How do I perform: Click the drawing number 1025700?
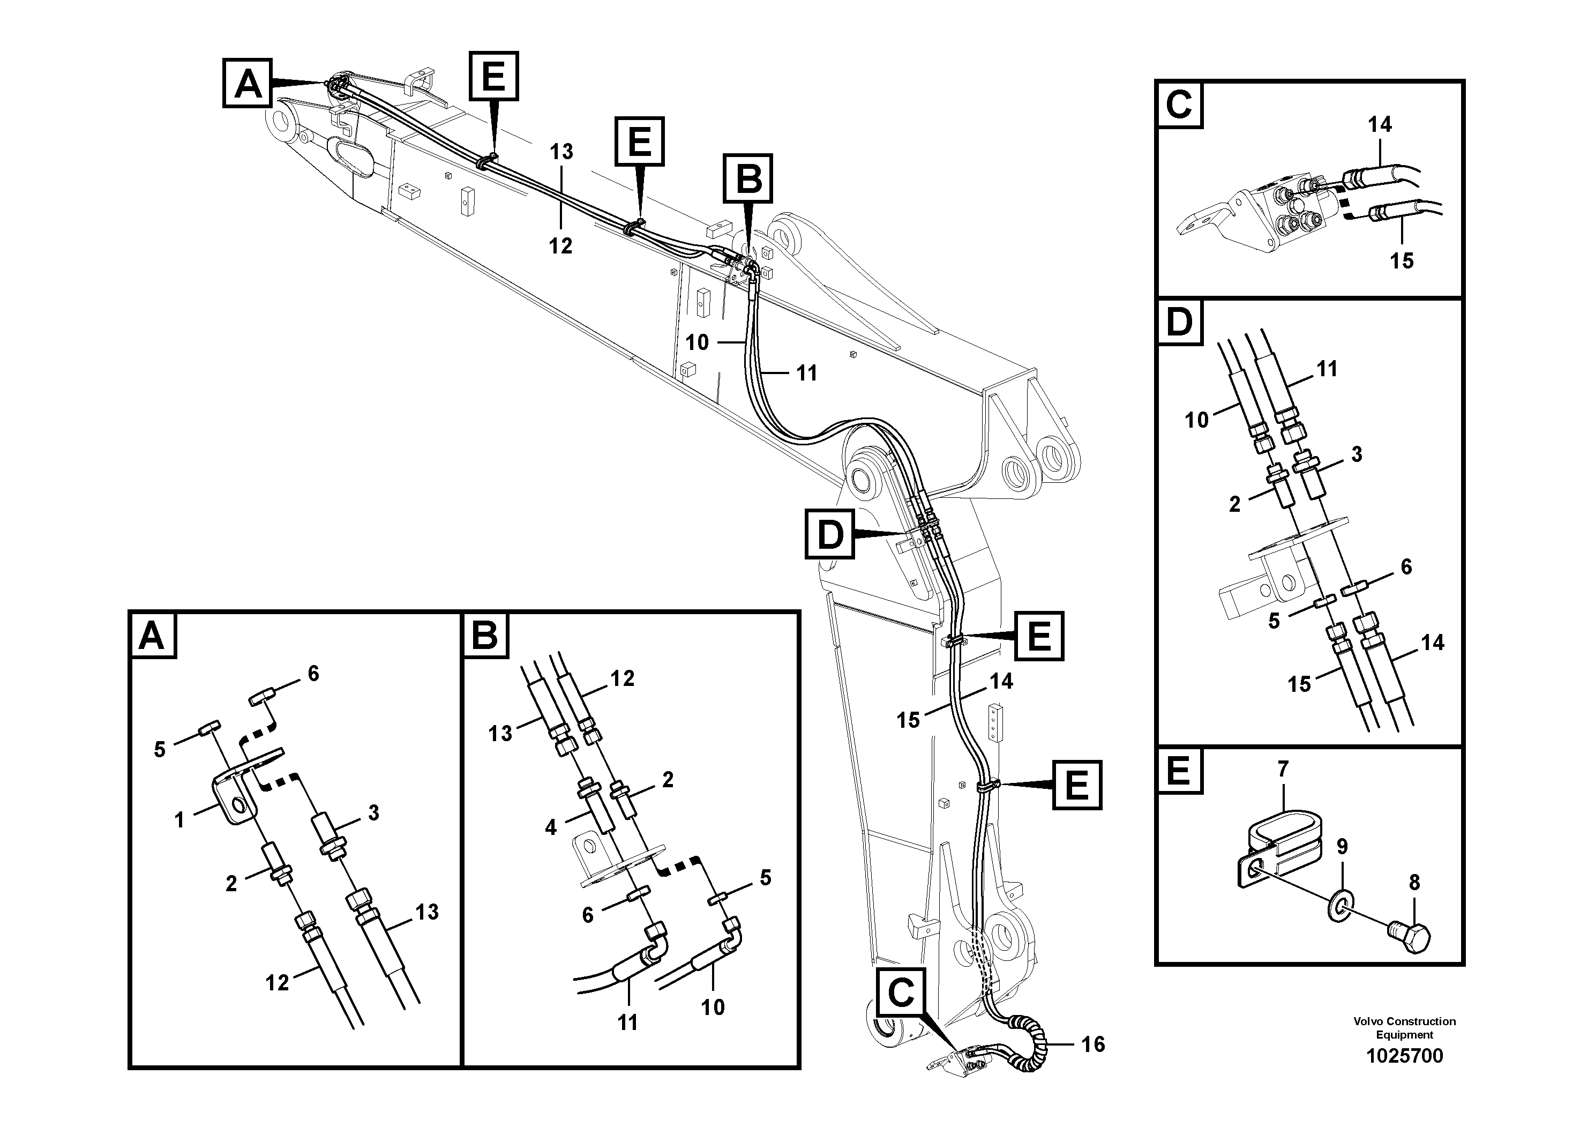point(1404,1056)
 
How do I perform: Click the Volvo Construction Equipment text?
point(1404,1028)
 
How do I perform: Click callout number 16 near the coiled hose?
point(1093,1044)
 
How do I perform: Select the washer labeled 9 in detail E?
point(1339,906)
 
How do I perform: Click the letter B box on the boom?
point(748,178)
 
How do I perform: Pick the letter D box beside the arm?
point(829,534)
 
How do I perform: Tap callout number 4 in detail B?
point(551,827)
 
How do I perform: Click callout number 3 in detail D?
point(1356,454)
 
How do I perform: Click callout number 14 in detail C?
point(1380,124)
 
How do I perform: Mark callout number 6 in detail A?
point(313,673)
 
